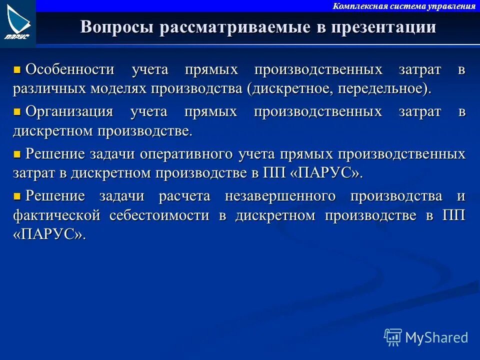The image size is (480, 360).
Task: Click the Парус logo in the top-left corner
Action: [17, 23]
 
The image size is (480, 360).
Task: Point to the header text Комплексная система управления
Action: [404, 6]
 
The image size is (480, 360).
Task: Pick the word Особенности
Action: [70, 69]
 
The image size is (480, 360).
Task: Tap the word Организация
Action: [69, 111]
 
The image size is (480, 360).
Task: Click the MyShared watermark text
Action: [436, 337]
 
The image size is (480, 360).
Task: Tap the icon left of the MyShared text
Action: [393, 337]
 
